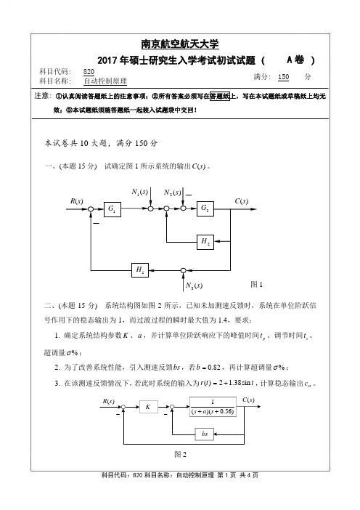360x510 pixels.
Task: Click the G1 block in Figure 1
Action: coord(112,209)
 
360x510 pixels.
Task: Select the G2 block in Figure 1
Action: coord(205,209)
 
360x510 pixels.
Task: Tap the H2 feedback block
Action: coord(205,242)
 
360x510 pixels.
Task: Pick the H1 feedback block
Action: coord(140,270)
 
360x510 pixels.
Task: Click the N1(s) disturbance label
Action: coord(139,192)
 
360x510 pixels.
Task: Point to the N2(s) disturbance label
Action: coord(172,193)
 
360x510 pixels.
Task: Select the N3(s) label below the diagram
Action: coord(194,286)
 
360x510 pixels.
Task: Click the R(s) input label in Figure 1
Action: coord(77,201)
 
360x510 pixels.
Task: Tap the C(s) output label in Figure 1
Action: coord(242,201)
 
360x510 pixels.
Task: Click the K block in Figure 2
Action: coord(149,407)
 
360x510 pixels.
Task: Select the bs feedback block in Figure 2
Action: coord(205,434)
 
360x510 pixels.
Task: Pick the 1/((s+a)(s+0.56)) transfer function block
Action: coord(213,407)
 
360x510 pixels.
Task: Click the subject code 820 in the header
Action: coord(89,72)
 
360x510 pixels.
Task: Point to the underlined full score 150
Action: coord(283,77)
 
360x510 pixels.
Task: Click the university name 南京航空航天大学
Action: coord(180,44)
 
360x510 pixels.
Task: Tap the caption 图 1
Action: coord(256,284)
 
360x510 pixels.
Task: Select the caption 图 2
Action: coord(180,454)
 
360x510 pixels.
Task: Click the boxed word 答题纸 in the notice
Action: coord(220,96)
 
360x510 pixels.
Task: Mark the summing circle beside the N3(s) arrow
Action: coord(183,270)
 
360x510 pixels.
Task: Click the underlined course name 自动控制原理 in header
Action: coord(105,81)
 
